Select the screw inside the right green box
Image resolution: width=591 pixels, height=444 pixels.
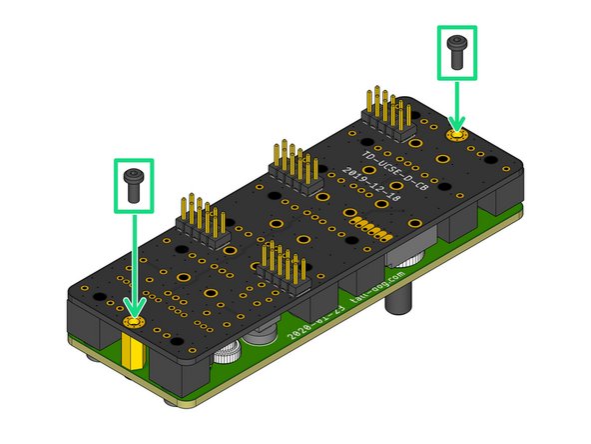[457, 51]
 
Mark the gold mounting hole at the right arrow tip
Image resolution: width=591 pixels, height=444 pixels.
[457, 134]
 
